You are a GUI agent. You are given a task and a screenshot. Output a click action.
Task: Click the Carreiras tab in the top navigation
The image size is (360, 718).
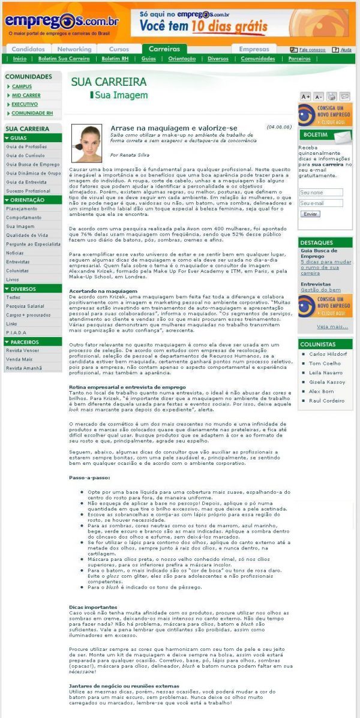coord(164,49)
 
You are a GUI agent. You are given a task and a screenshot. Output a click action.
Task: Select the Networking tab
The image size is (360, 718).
coord(74,49)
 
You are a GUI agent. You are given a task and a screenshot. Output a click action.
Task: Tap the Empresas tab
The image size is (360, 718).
coord(254,49)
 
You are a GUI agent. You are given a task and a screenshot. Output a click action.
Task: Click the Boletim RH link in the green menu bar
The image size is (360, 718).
coord(113,59)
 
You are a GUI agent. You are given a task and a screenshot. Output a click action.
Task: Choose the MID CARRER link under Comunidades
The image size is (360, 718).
coord(26,95)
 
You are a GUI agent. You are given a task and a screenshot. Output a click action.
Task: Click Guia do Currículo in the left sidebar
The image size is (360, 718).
coord(25,155)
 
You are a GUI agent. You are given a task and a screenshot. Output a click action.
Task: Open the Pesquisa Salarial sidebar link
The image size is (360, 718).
coord(25,306)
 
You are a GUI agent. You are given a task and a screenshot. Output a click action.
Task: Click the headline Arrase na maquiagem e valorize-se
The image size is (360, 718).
coord(173,128)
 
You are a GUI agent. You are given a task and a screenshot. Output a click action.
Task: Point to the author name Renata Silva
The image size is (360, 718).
coord(130,154)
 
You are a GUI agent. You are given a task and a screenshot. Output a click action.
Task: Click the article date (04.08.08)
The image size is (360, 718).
coord(279,127)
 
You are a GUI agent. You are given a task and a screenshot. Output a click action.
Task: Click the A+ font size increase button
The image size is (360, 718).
coord(305,96)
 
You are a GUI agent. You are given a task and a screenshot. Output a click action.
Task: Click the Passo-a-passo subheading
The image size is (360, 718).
coord(89,477)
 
